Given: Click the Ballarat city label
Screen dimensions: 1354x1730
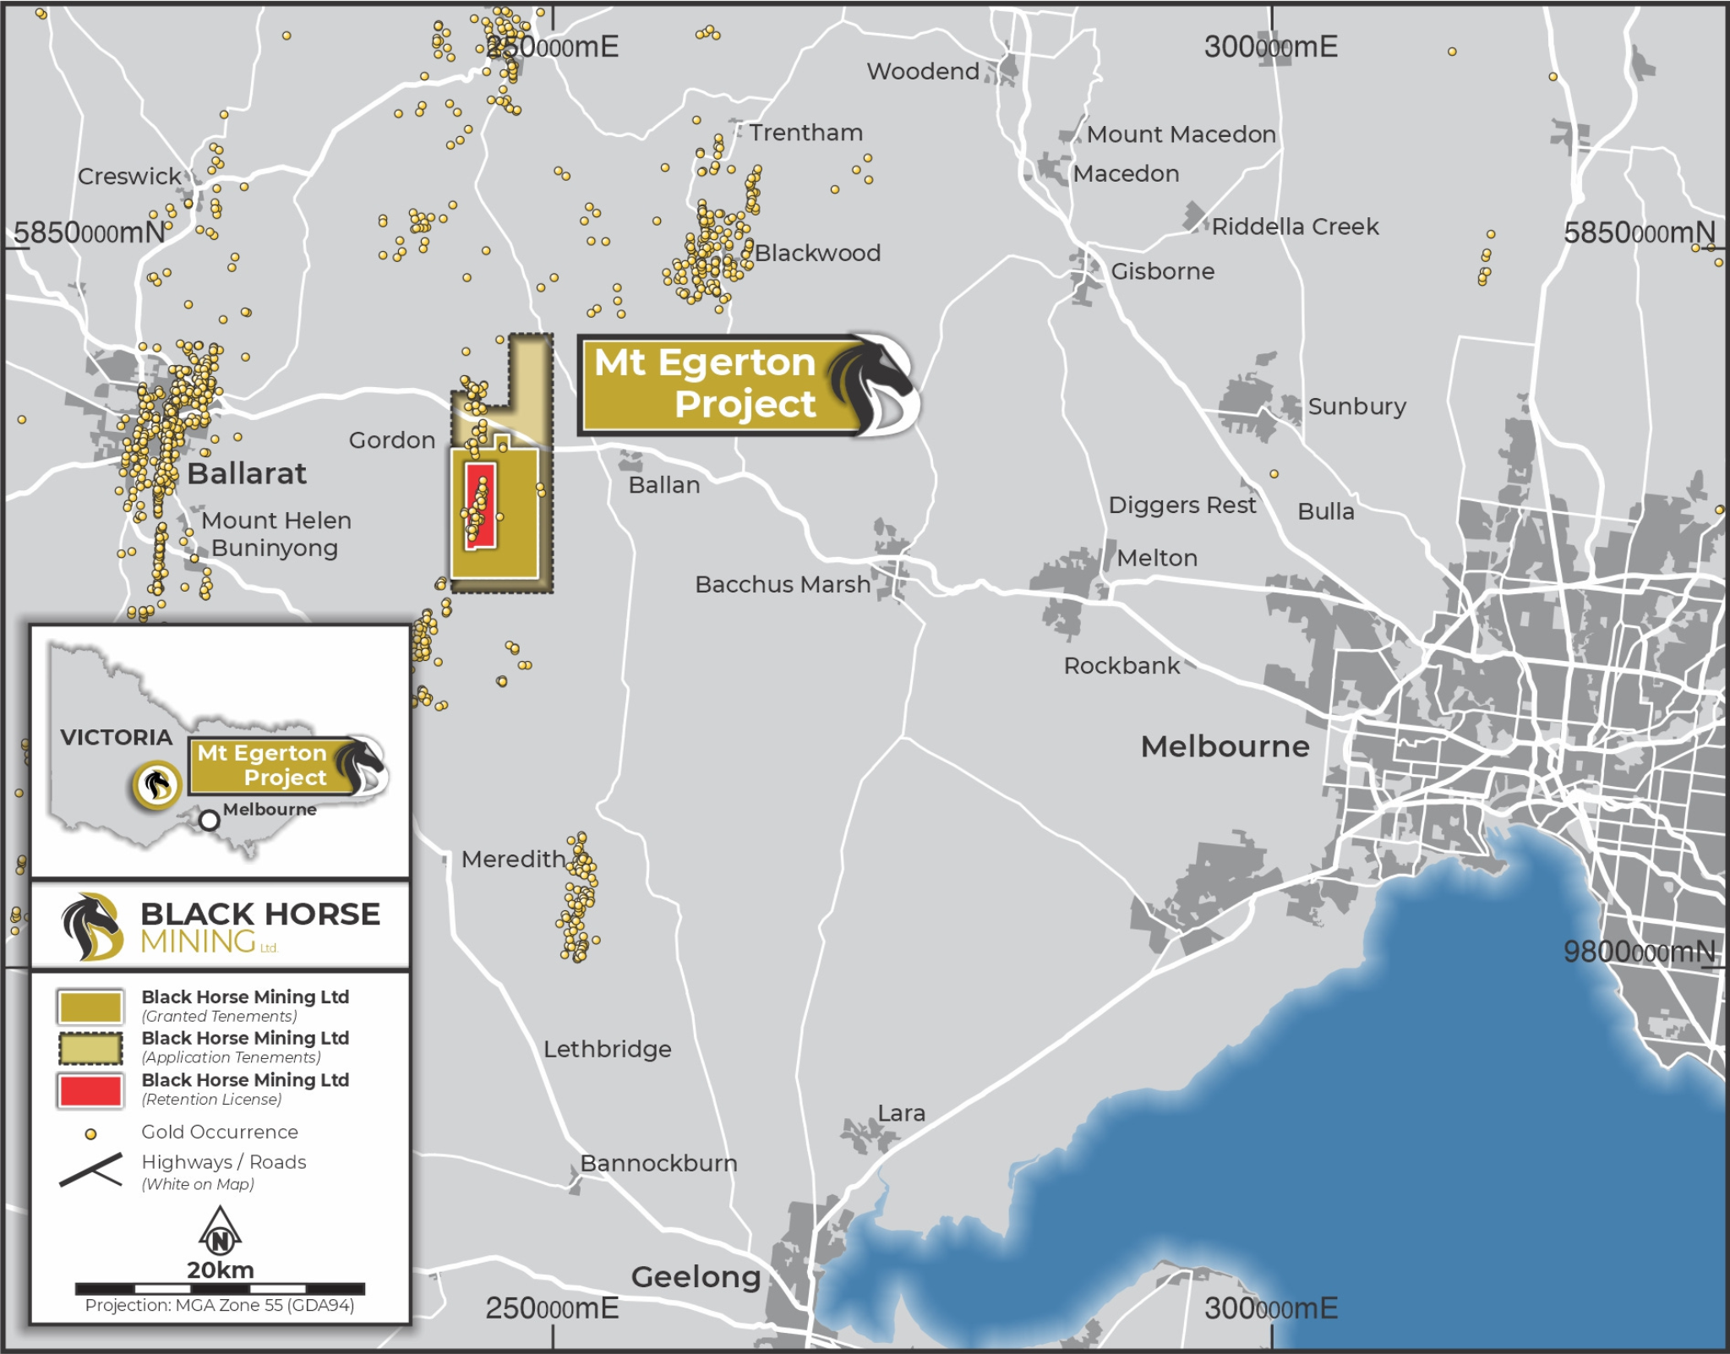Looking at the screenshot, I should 246,473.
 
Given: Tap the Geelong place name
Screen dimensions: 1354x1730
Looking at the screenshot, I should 696,1276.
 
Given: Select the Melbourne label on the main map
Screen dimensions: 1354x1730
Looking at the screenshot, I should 1225,746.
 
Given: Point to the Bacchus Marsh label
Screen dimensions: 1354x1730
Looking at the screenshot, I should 782,584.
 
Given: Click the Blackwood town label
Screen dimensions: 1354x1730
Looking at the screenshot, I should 817,253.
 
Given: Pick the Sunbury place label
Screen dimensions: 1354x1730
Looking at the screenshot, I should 1356,407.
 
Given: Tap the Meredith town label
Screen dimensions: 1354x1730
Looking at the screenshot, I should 513,860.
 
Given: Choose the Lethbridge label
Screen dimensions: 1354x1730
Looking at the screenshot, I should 607,1049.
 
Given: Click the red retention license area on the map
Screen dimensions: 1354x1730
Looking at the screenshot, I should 480,505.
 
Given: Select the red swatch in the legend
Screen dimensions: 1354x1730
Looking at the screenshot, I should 90,1090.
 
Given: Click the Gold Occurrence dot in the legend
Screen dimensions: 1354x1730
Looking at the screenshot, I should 90,1134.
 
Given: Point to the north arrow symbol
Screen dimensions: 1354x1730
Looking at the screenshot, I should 220,1232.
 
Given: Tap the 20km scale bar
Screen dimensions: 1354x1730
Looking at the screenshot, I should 220,1289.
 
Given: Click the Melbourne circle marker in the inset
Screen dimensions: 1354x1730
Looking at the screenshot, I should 210,820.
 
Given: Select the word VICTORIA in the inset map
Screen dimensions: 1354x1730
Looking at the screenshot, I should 116,737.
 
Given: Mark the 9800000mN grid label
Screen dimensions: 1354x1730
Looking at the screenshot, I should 1638,952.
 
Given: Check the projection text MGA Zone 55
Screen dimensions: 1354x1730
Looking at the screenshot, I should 220,1305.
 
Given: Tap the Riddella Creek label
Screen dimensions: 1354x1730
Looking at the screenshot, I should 1295,227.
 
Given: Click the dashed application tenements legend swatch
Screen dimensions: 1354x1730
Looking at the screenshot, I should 90,1048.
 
